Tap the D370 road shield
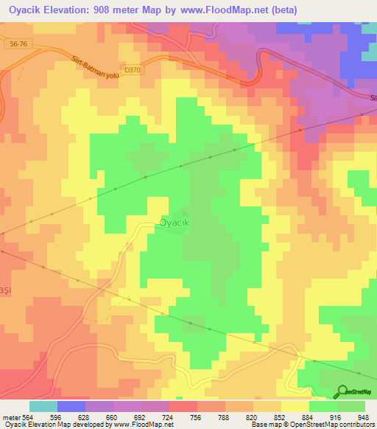coord(133,70)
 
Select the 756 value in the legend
coord(196,416)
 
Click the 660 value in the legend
coord(111,416)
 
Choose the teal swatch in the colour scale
coord(43,406)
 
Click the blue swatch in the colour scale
coord(71,406)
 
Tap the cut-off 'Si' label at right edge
coord(372,97)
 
